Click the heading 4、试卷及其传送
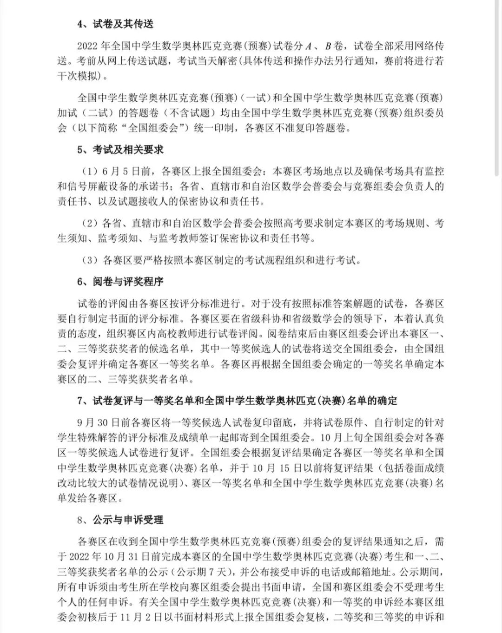[x=115, y=24]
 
